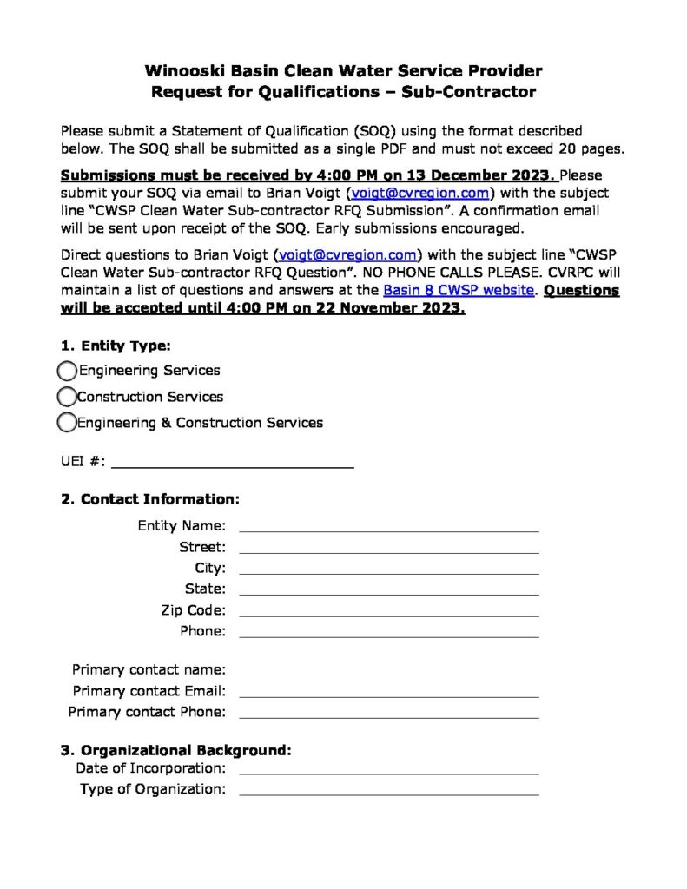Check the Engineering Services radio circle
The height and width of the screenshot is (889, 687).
point(67,371)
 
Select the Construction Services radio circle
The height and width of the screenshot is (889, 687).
point(67,397)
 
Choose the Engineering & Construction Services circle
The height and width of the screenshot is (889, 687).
point(67,423)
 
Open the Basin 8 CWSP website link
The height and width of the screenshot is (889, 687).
point(458,291)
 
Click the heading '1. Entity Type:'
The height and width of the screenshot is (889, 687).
point(116,346)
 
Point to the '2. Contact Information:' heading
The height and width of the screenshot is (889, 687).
point(149,499)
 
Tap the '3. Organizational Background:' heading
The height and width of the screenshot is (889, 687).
point(175,749)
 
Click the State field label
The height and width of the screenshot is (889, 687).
point(206,589)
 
